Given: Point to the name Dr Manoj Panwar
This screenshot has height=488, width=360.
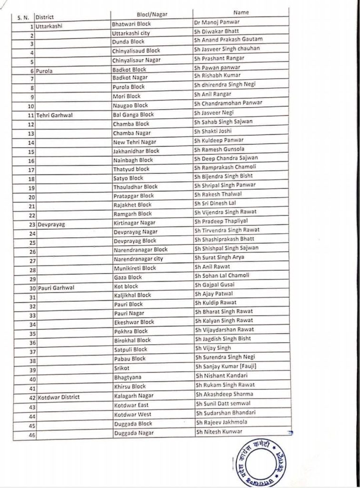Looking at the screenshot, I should point(217,22).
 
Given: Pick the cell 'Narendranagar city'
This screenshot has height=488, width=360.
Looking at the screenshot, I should point(138,259).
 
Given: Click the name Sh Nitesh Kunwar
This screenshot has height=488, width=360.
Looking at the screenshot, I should point(219,432).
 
